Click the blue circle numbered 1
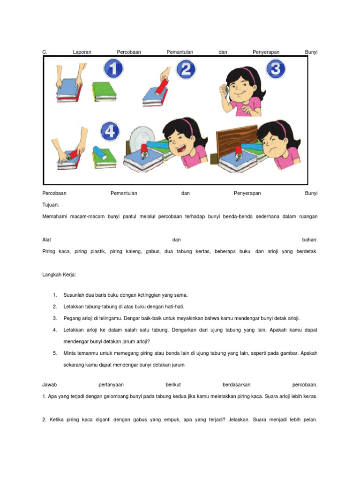(112, 69)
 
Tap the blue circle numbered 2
(186, 69)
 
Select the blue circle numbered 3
(276, 69)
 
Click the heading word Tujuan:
(50, 205)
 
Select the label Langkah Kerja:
(59, 275)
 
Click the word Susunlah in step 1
(74, 295)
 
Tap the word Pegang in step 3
(72, 318)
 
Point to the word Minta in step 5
(70, 353)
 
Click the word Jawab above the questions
(49, 385)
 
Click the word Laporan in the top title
(82, 52)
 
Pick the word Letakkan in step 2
(74, 307)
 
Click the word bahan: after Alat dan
(310, 240)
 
